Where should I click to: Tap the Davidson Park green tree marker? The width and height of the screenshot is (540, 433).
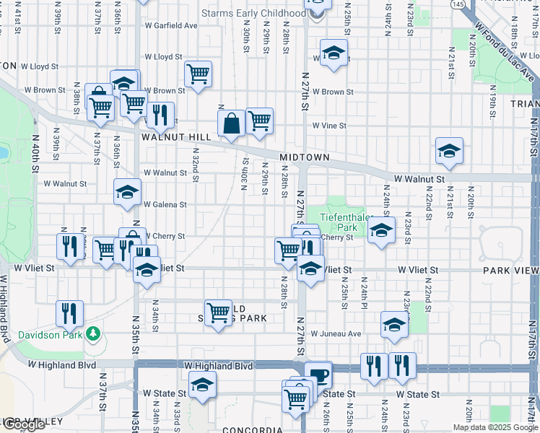click(92, 333)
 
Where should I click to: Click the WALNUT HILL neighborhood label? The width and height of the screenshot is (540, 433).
click(176, 136)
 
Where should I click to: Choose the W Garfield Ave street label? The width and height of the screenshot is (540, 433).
click(170, 25)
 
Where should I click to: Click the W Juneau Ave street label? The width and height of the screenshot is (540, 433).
click(335, 333)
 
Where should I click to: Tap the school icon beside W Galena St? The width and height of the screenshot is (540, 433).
click(127, 192)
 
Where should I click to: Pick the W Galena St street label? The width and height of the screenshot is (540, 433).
click(165, 204)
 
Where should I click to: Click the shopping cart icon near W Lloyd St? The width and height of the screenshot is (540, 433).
click(197, 74)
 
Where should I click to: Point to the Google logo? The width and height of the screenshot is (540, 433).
click(23, 424)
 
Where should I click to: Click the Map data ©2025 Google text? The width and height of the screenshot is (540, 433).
click(495, 427)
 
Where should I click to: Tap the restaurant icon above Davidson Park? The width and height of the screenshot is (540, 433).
click(70, 313)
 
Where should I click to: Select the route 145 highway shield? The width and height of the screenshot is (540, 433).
click(458, 4)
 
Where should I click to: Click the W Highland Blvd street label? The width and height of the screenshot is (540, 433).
click(219, 367)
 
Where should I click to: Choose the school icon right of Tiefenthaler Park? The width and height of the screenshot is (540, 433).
click(380, 230)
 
